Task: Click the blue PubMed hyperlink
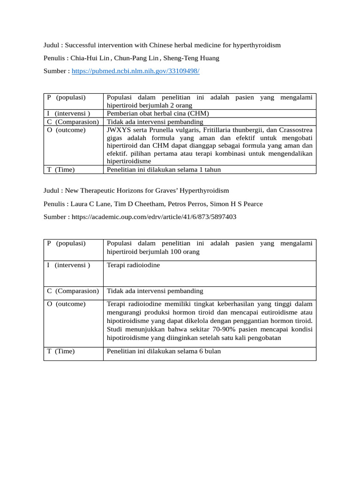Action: pyautogui.click(x=135, y=71)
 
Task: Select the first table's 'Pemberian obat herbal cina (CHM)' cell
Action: pyautogui.click(x=158, y=113)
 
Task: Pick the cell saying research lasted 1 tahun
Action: pyautogui.click(x=164, y=170)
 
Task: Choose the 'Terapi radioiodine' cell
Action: pyautogui.click(x=134, y=265)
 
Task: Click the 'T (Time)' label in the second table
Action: pyautogui.click(x=61, y=352)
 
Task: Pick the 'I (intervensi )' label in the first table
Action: pyautogui.click(x=68, y=113)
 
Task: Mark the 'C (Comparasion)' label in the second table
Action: pyautogui.click(x=73, y=291)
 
